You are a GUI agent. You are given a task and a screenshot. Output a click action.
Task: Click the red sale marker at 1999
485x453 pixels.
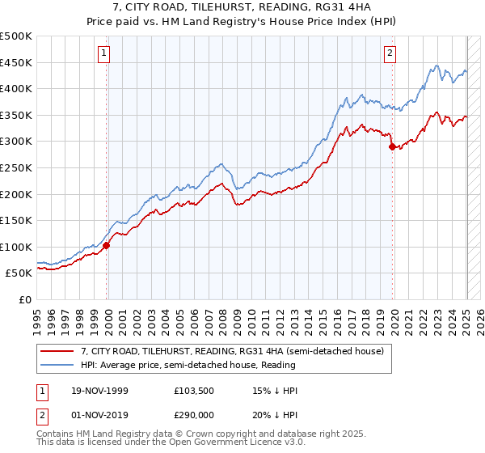click(107, 245)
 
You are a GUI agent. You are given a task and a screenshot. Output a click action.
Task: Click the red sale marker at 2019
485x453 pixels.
click(393, 147)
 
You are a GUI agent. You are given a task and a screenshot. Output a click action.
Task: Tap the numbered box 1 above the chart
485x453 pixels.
click(106, 54)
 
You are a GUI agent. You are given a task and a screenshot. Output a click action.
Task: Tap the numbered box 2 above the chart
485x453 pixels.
click(390, 54)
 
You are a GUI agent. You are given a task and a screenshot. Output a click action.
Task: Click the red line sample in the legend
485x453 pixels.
click(57, 350)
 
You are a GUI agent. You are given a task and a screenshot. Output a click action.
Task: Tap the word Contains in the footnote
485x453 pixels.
click(55, 434)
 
